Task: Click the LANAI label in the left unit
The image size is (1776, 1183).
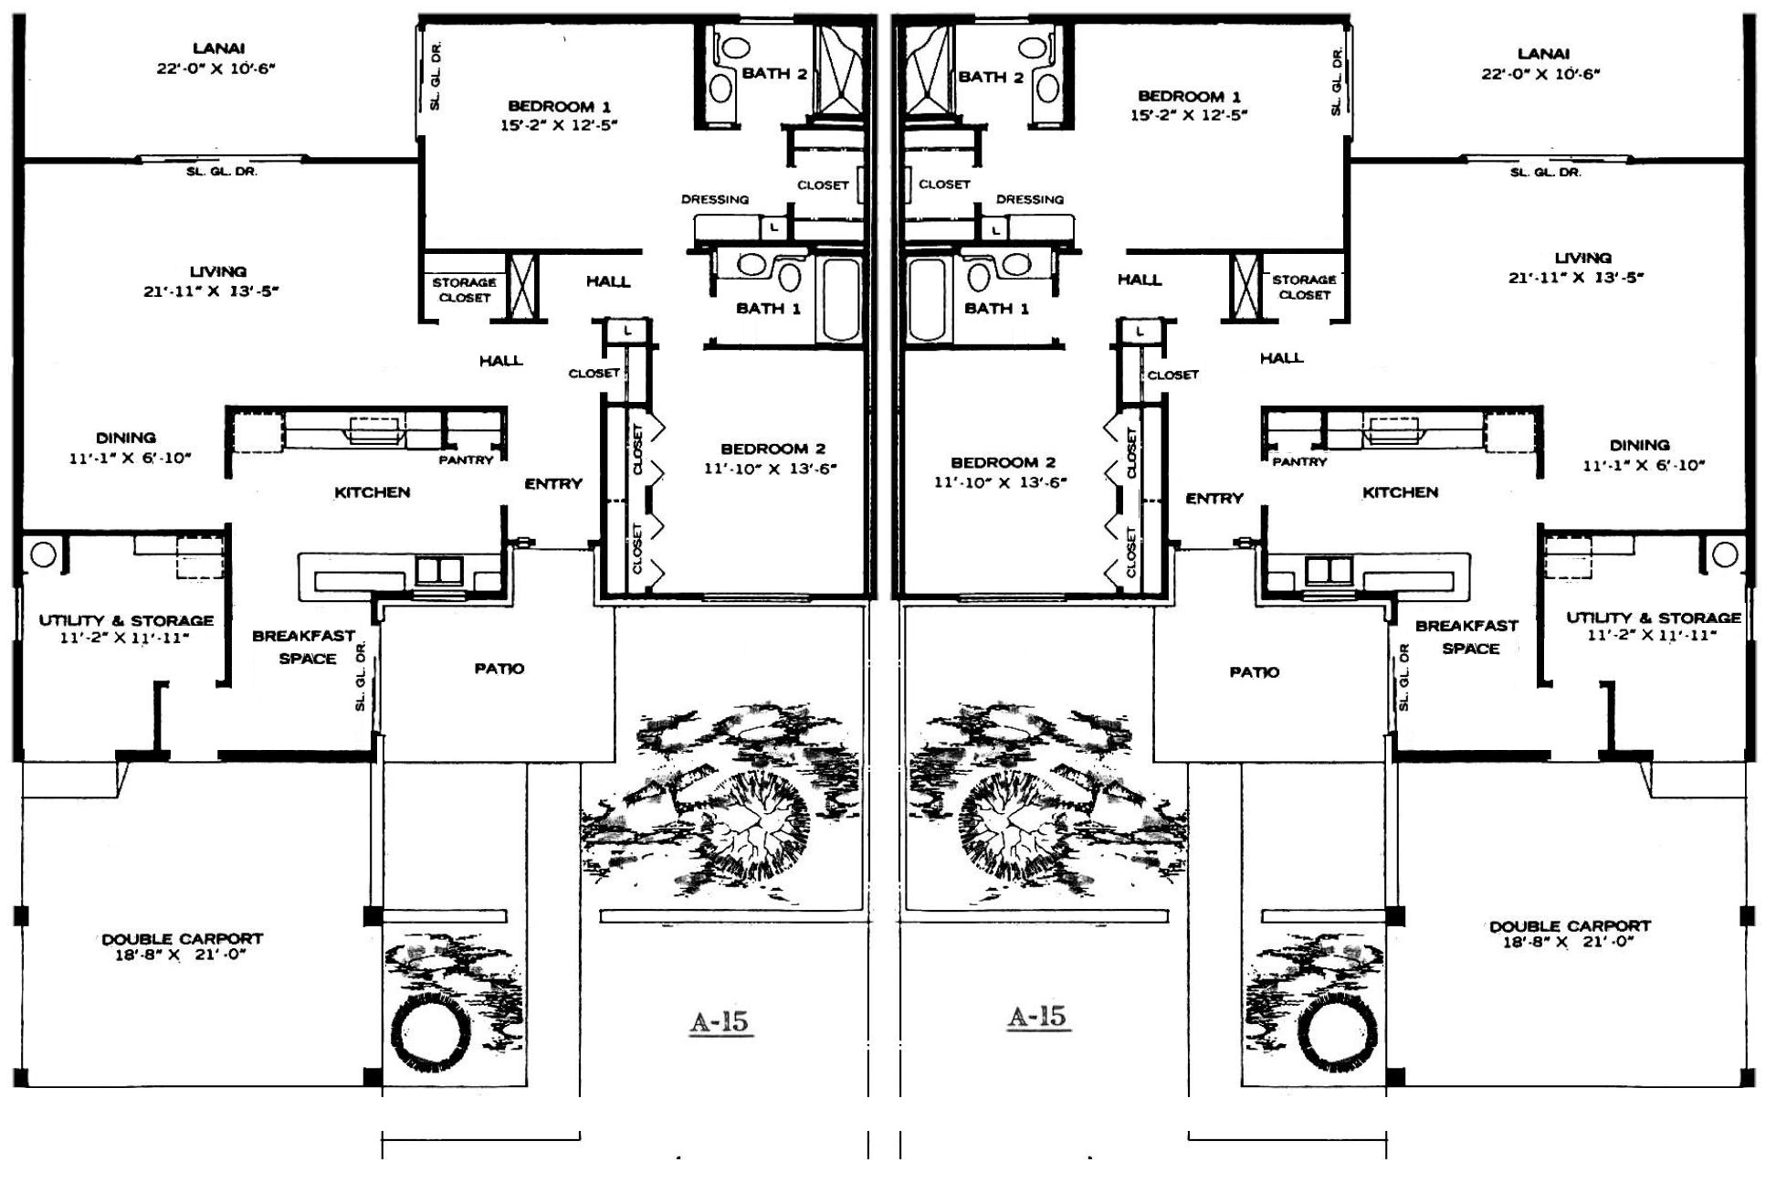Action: [218, 48]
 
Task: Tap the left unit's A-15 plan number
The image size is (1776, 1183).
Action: [720, 1021]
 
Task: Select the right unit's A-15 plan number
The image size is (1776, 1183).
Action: [1037, 1016]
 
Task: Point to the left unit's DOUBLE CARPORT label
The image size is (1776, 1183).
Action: [183, 938]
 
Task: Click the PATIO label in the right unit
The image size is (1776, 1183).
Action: [1254, 672]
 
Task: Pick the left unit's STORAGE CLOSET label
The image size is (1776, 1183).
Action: [465, 290]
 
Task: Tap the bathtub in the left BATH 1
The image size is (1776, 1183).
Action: [841, 300]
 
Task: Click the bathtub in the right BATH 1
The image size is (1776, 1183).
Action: [929, 300]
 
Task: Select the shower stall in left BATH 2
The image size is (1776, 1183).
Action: [838, 71]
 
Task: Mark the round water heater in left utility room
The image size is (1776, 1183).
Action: [43, 554]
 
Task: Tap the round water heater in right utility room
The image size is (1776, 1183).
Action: [1725, 554]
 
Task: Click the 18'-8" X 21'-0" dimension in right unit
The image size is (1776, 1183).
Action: [1568, 942]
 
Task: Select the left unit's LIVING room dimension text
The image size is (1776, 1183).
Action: [211, 291]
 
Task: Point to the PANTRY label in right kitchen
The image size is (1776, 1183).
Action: [1299, 462]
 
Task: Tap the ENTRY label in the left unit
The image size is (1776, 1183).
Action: [553, 484]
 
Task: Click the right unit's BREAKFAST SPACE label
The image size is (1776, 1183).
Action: [1468, 637]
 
